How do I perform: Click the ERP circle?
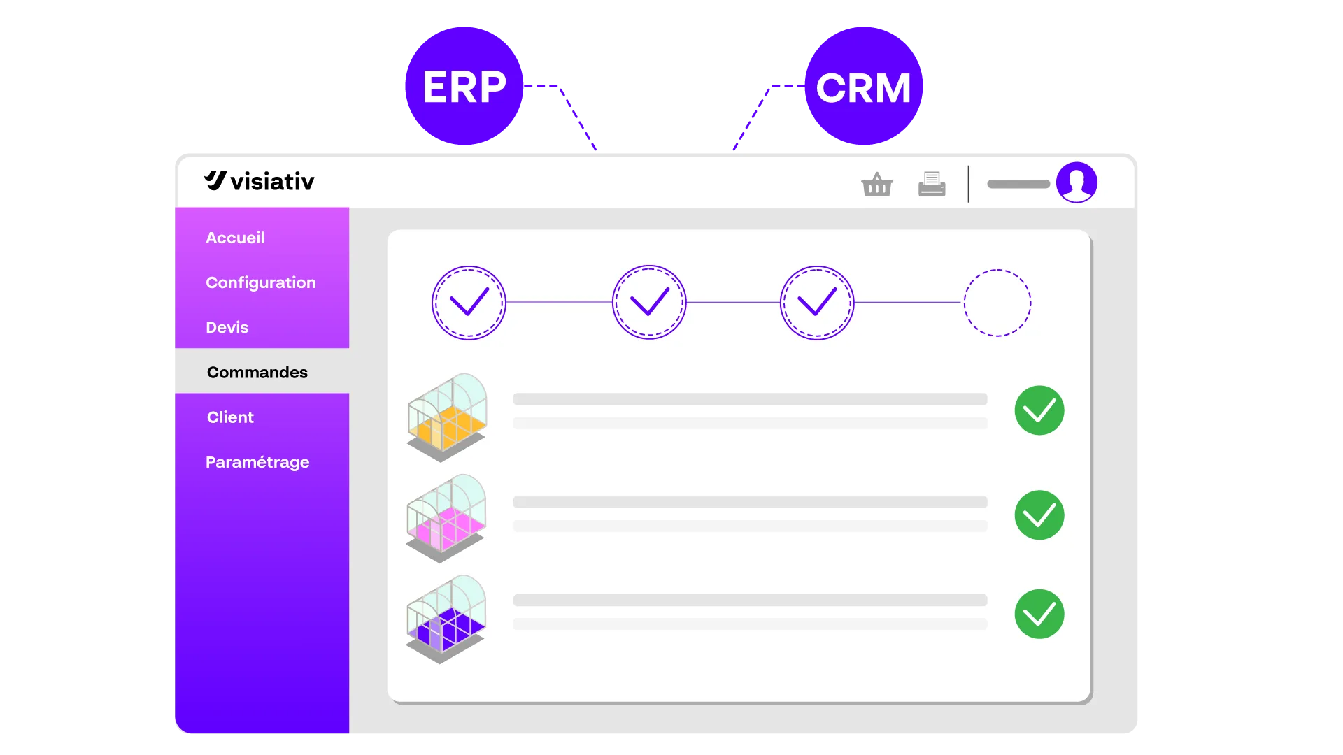(464, 86)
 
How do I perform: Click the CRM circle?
(864, 86)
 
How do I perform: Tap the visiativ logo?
(260, 181)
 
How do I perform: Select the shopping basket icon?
(877, 185)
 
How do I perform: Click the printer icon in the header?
(932, 184)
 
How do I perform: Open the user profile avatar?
(1076, 182)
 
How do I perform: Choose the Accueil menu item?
(235, 238)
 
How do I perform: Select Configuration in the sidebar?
(261, 282)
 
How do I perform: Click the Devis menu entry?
(227, 327)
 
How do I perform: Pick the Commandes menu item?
(257, 372)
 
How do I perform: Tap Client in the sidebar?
(230, 417)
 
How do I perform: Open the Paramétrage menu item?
(257, 462)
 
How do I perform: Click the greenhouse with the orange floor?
(447, 417)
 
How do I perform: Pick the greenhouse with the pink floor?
(446, 519)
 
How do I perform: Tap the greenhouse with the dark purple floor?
(446, 619)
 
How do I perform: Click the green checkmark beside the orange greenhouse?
(1039, 410)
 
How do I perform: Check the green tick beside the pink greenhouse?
(1039, 515)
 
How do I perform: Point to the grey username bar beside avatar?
(1018, 184)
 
